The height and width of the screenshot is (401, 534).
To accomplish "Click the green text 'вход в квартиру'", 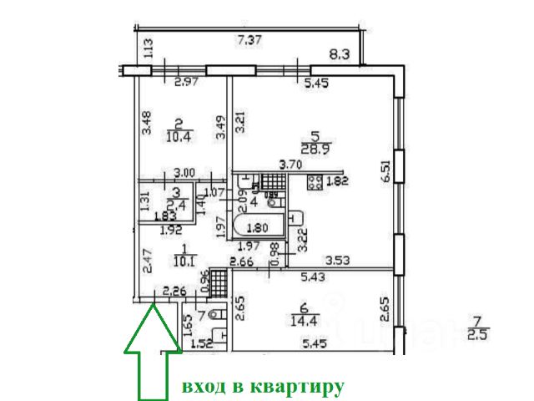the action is (x=263, y=386).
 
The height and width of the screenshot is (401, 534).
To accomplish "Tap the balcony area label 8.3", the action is (x=339, y=57).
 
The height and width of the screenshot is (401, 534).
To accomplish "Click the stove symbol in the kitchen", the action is (x=316, y=183).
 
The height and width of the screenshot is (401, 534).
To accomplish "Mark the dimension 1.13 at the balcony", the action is (x=148, y=48).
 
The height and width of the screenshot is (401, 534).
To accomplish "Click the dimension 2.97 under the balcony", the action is (x=186, y=82).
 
